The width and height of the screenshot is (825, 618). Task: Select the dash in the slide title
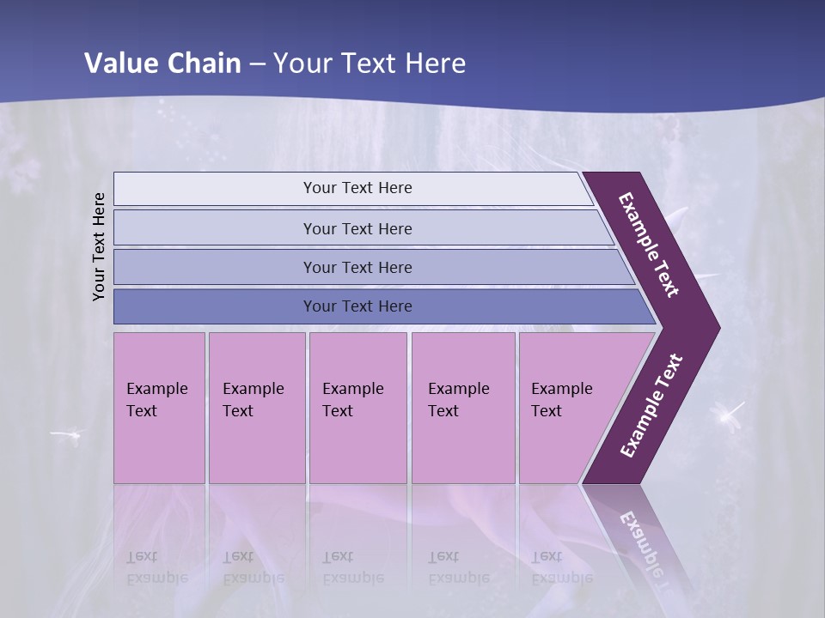pyautogui.click(x=257, y=64)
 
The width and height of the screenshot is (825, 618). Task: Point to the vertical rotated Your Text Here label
pyautogui.click(x=99, y=246)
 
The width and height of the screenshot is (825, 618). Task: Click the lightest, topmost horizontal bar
pyautogui.click(x=357, y=188)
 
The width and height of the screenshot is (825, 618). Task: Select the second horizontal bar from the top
pyautogui.click(x=357, y=228)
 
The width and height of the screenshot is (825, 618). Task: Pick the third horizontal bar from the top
pyautogui.click(x=357, y=267)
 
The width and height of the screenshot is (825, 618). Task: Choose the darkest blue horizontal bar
pyautogui.click(x=357, y=306)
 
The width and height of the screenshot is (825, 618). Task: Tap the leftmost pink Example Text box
pyautogui.click(x=159, y=408)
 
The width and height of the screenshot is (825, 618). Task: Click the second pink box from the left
pyautogui.click(x=256, y=408)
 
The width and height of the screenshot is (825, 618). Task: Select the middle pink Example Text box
pyautogui.click(x=357, y=408)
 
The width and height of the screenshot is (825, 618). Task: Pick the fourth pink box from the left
pyautogui.click(x=463, y=408)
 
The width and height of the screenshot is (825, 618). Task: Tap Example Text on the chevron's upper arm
pyautogui.click(x=649, y=245)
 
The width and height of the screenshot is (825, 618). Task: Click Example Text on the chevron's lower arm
pyautogui.click(x=651, y=406)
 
